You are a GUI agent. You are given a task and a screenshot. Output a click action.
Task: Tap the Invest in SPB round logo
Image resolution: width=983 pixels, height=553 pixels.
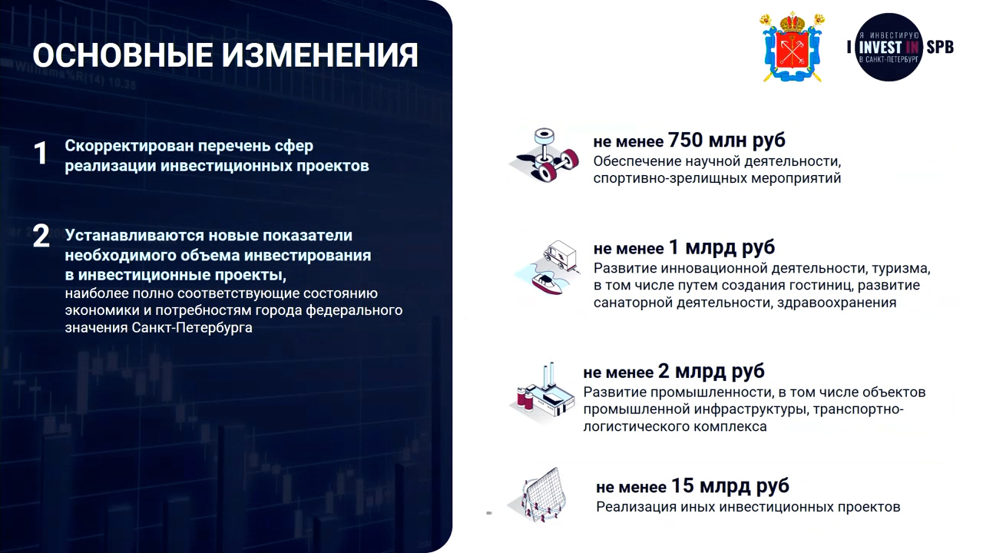click(x=890, y=48)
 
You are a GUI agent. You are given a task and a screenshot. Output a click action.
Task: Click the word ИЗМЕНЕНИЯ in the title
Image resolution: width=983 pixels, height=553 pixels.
click(x=320, y=55)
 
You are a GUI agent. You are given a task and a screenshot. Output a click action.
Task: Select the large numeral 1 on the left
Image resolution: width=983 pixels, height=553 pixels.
click(x=41, y=154)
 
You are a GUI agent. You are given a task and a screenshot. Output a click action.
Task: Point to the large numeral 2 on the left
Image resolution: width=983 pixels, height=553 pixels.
click(x=41, y=237)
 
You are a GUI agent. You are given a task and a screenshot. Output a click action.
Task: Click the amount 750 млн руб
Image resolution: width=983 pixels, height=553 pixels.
click(x=726, y=140)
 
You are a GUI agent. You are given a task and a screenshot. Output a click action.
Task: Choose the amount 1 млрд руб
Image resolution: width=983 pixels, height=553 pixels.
click(x=722, y=247)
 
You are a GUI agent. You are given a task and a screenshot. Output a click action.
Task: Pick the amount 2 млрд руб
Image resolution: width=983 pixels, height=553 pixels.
click(x=711, y=371)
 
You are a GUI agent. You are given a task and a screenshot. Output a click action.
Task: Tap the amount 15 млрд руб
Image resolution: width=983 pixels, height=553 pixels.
click(x=730, y=486)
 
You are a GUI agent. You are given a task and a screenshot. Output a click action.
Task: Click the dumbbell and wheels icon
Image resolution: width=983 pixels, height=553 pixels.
click(x=545, y=154)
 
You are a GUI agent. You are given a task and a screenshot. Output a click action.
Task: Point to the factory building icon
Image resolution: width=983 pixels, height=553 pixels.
click(x=542, y=392)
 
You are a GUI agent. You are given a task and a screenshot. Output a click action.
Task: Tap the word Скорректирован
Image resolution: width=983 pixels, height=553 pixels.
click(x=130, y=146)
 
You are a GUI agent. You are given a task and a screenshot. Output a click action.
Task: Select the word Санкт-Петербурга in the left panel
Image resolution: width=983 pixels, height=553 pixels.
click(x=192, y=327)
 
